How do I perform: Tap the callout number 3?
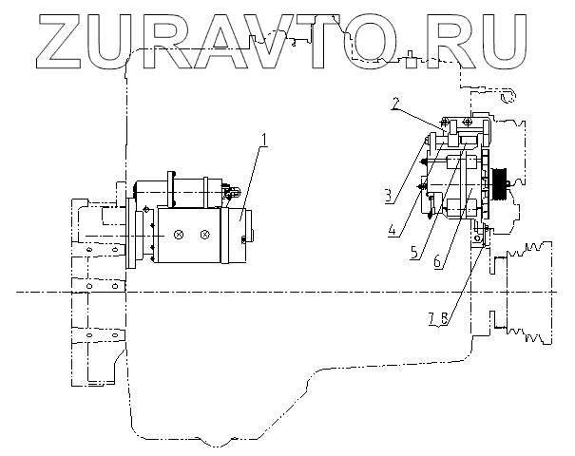pos(389,197)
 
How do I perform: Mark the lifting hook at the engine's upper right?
pos(507,95)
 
